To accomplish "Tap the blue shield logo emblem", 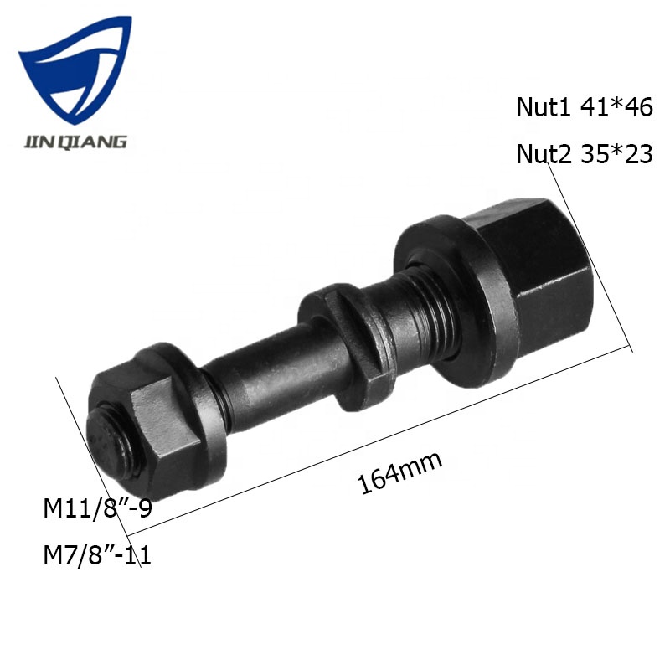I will [75, 71].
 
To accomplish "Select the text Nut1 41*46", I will [583, 108].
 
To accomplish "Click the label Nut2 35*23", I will [583, 154].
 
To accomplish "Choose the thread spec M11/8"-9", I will [97, 508].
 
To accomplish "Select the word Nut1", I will [542, 108].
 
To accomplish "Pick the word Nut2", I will [542, 154].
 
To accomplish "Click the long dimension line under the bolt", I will [377, 440].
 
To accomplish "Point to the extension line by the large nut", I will [590, 251].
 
